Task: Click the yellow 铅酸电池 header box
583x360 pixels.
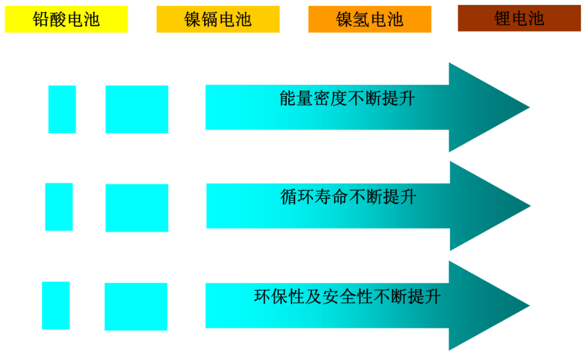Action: (x=66, y=19)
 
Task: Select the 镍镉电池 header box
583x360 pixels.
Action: (x=218, y=19)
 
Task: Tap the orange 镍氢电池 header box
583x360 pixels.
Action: (x=370, y=19)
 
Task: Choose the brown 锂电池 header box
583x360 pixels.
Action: (x=519, y=18)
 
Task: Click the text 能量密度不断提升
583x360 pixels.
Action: (x=347, y=98)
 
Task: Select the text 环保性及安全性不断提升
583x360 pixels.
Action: (x=347, y=296)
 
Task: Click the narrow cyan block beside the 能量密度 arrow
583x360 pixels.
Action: (x=62, y=109)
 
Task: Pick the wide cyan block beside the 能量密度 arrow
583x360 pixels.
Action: (x=137, y=109)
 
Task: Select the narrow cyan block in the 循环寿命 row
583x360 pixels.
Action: (x=59, y=207)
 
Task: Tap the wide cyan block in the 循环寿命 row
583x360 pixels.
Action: (x=137, y=208)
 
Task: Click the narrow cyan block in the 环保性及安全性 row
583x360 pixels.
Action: (x=56, y=305)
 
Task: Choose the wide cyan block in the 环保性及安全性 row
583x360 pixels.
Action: (x=136, y=307)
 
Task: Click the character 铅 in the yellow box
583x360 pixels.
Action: (x=41, y=19)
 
